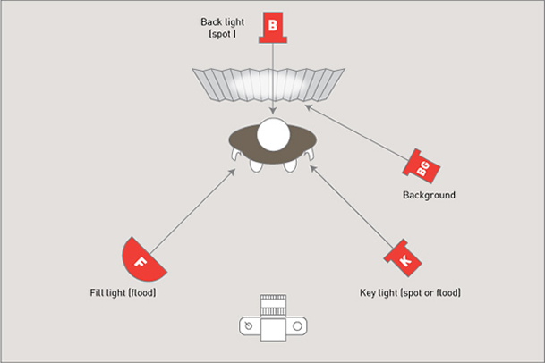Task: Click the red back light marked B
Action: (272, 27)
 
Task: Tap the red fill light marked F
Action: (141, 260)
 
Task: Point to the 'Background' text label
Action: (428, 195)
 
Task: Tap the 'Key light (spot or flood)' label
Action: (409, 293)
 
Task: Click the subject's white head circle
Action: (273, 135)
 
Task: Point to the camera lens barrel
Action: (272, 305)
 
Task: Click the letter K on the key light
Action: (404, 260)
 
